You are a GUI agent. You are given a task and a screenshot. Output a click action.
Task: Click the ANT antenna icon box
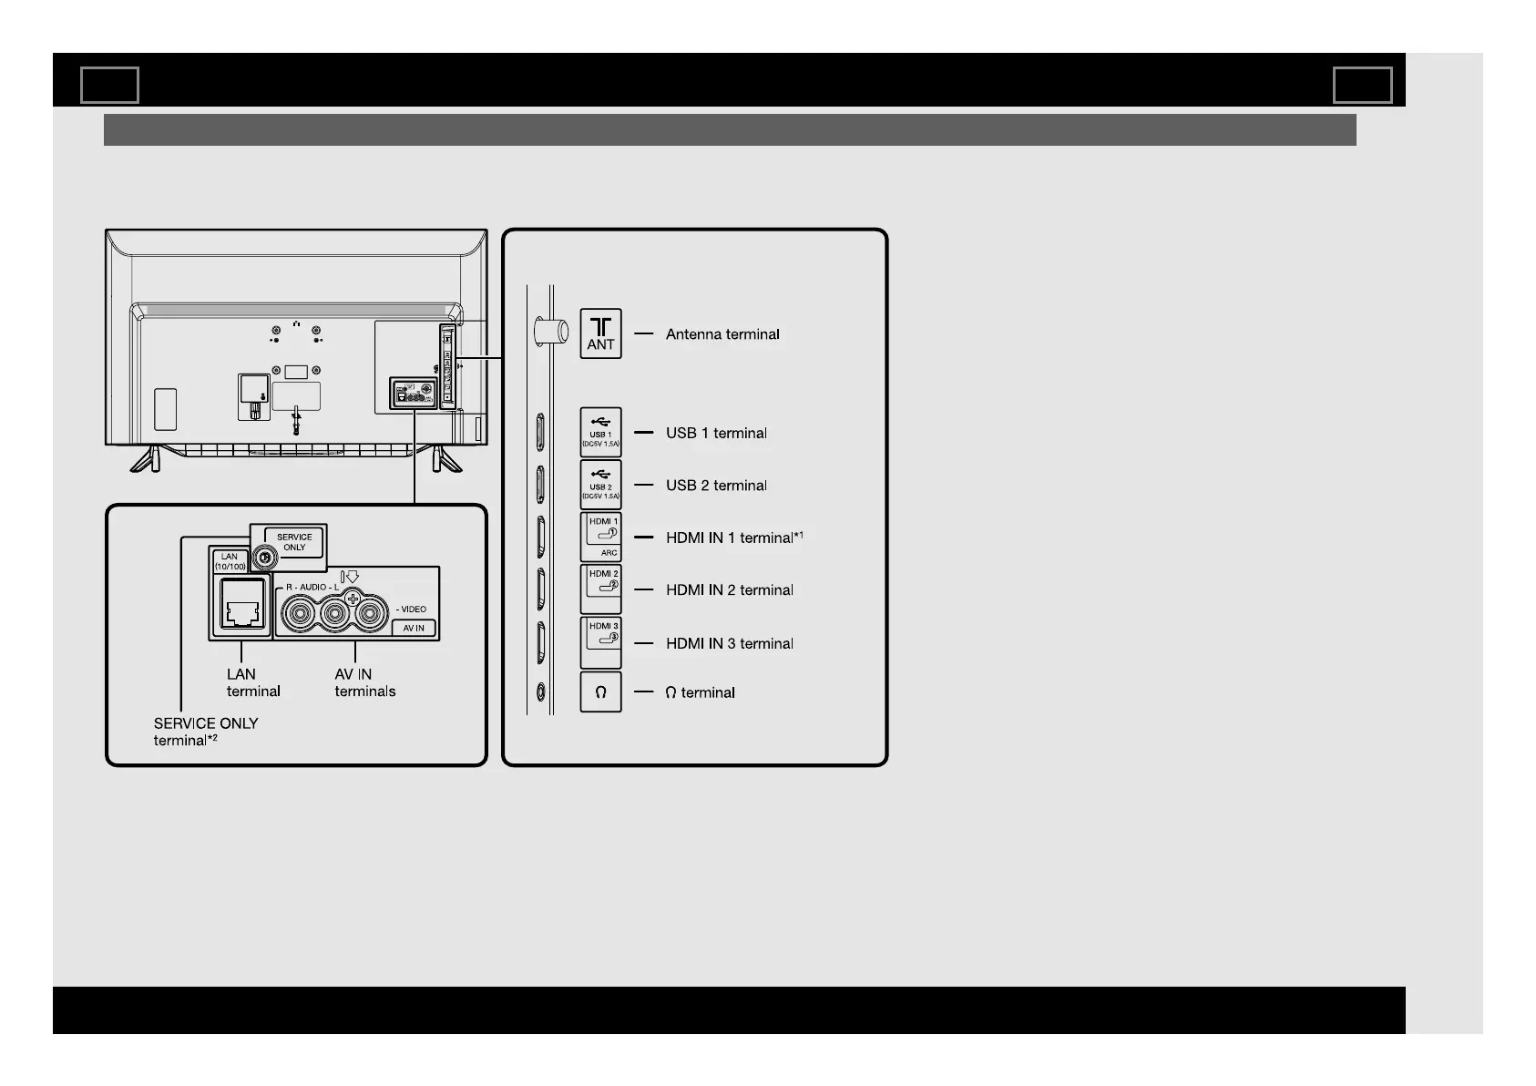600,333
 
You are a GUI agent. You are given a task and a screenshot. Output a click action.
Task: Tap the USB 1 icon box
600,432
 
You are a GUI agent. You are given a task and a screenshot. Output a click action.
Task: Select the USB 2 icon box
600,485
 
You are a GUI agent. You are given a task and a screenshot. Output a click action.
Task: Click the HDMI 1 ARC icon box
601,537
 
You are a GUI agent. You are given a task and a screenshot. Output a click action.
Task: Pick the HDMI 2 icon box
601,589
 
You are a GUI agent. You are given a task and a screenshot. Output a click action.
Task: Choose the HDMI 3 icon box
601,641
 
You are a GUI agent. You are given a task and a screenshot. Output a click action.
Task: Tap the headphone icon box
600,692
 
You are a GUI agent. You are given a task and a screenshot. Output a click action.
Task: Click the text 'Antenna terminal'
722,334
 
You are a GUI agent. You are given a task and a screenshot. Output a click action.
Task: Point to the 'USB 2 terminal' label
716,486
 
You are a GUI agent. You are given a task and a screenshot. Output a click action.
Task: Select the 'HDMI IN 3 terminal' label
729,643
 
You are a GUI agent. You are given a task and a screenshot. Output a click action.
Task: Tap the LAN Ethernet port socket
242,605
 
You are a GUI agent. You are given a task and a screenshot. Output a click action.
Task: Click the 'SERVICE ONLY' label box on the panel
294,542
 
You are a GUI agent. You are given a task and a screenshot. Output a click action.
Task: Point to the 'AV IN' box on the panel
414,628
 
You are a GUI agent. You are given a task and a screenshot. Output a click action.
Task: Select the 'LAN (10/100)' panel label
230,561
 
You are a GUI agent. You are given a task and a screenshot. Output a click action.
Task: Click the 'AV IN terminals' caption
364,682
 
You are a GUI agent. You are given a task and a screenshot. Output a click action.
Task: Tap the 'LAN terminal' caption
252,682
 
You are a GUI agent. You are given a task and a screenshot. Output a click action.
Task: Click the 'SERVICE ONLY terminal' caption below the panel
205,732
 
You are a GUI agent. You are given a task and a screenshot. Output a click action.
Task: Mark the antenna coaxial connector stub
549,331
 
